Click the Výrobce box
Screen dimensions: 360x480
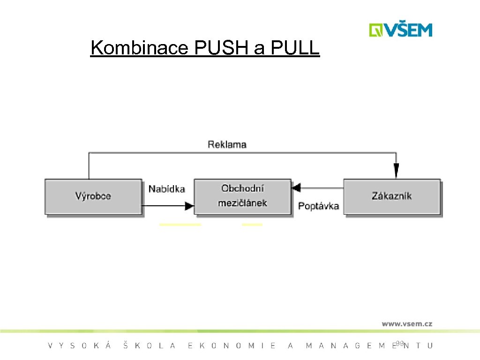(x=93, y=196)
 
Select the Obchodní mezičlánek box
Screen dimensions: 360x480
(x=242, y=196)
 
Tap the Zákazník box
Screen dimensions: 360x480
(x=392, y=196)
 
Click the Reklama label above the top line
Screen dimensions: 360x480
(x=227, y=144)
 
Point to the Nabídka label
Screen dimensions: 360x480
(x=166, y=189)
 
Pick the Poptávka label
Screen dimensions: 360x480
(x=318, y=206)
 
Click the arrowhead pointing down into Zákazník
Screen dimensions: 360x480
(x=396, y=172)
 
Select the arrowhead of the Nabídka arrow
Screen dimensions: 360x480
(x=189, y=205)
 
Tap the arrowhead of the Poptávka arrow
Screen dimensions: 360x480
(x=296, y=188)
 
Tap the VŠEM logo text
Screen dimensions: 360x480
(x=409, y=30)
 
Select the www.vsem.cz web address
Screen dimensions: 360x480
(x=407, y=323)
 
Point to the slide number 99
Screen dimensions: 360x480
(x=399, y=344)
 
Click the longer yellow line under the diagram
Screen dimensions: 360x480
(x=180, y=225)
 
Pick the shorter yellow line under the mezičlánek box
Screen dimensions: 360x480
(x=252, y=225)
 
